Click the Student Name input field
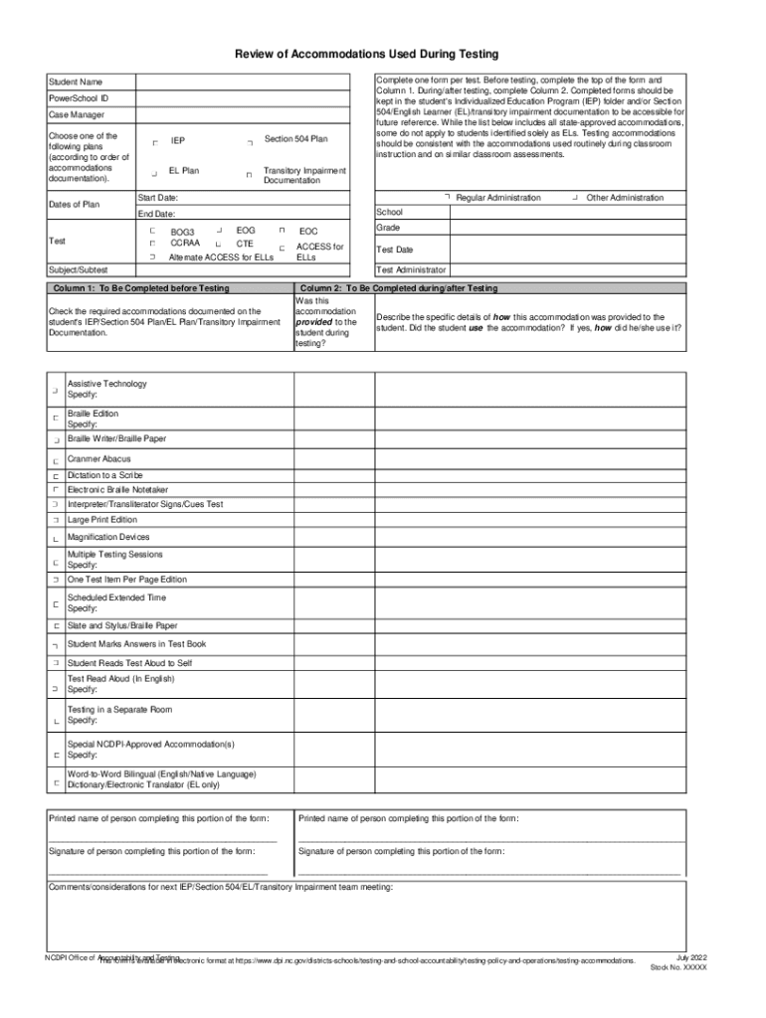click(254, 82)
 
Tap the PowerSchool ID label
click(79, 98)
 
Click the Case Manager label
click(77, 115)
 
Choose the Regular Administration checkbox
click(449, 198)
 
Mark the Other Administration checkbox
click(577, 198)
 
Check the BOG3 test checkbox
click(152, 231)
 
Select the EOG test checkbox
click(219, 230)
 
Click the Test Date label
click(395, 250)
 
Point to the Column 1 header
click(139, 287)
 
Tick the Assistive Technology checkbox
click(55, 391)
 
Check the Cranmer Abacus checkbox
click(55, 460)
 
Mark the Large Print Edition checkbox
click(55, 520)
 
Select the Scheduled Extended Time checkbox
click(55, 603)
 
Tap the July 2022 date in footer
click(690, 955)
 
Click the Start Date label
click(158, 198)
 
